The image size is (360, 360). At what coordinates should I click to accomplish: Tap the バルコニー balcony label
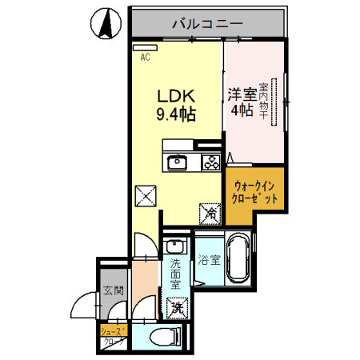coord(207,24)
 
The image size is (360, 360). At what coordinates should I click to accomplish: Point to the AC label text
coord(146,58)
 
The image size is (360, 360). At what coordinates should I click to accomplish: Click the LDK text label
coord(174,95)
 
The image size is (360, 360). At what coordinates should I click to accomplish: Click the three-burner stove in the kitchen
coord(210,163)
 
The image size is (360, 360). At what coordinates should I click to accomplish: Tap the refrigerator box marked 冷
coord(210,213)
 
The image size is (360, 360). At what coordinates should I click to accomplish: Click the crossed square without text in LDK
coord(146,195)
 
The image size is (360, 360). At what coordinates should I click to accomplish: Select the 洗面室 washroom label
coord(176,274)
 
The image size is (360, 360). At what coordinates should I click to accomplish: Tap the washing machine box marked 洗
coord(176,305)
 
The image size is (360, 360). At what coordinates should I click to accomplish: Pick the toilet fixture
coord(163,338)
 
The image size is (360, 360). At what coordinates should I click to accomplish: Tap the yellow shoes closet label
coord(111,335)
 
